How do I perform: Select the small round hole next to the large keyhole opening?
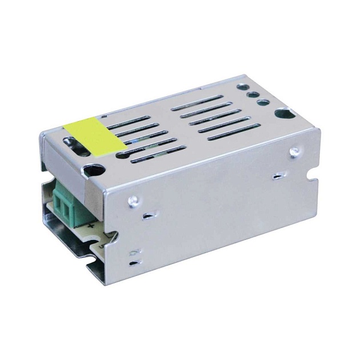coord(263,102)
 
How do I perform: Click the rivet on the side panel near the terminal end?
coord(133,199)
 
